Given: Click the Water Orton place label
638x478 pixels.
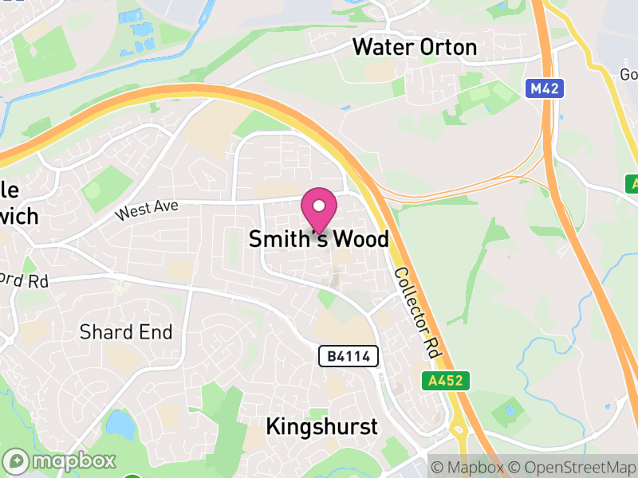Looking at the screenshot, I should click(415, 47).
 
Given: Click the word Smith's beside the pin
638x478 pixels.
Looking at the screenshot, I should click(283, 239).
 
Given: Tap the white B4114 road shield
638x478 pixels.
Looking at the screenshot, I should click(349, 356).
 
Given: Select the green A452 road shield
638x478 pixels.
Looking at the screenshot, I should click(446, 381).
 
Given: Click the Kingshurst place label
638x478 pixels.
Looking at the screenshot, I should click(321, 426).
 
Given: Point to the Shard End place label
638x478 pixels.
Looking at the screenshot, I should click(126, 332).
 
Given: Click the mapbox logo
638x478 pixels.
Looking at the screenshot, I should click(61, 460).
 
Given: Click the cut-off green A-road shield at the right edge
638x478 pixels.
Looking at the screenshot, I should click(631, 183).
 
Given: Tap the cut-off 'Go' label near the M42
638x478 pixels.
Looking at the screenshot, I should click(627, 74).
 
